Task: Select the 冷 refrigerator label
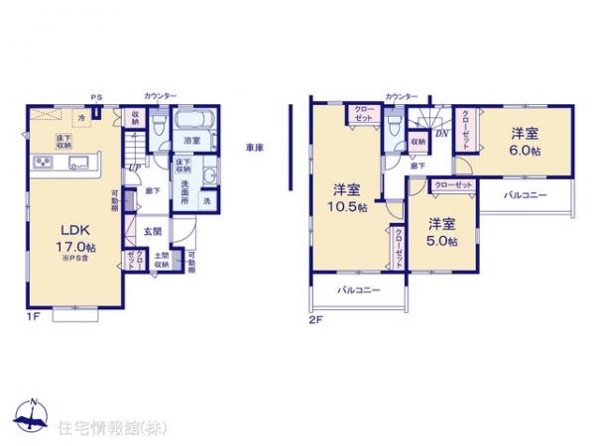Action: pos(68,116)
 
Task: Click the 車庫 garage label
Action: pos(255,148)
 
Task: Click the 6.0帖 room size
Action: pos(525,151)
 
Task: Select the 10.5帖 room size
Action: pos(349,206)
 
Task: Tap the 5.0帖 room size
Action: pos(442,240)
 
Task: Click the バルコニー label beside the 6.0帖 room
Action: pos(525,196)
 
